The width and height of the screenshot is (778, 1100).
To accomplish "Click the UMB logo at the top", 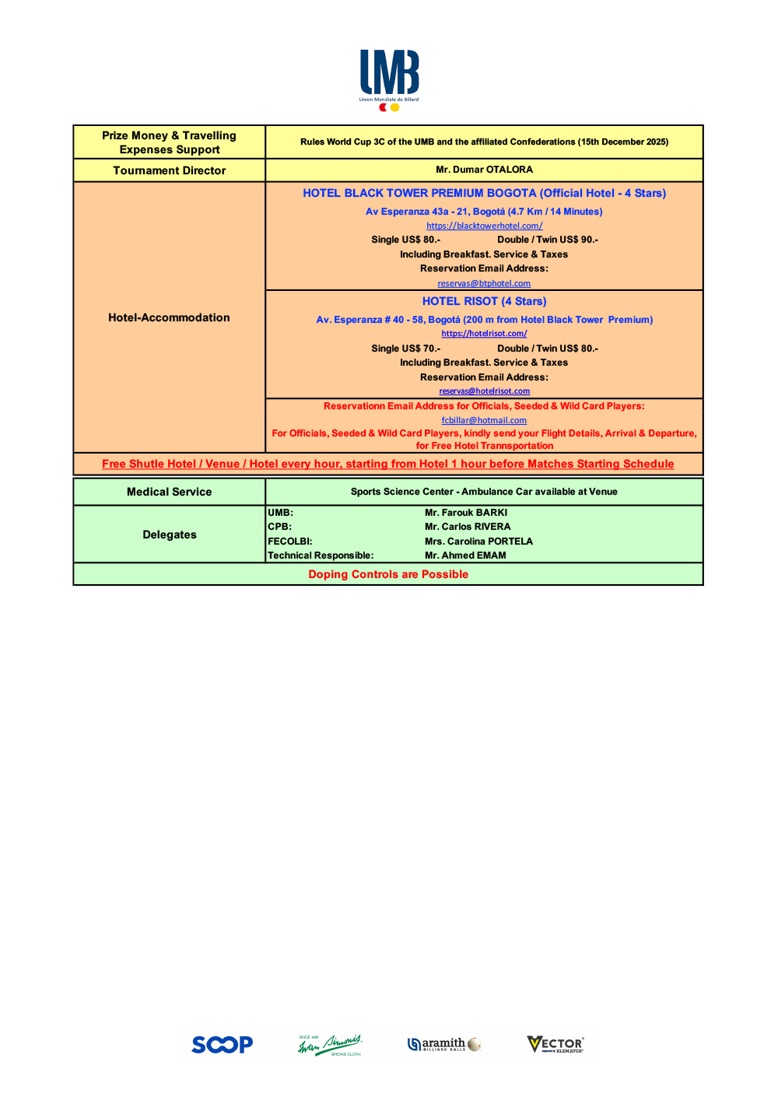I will click(389, 79).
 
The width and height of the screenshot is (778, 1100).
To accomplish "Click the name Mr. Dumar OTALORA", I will click(484, 170).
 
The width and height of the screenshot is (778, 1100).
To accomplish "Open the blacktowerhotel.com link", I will click(484, 226).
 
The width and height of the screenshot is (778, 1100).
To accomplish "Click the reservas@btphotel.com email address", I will click(484, 283).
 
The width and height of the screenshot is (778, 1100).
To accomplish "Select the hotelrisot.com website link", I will click(484, 334).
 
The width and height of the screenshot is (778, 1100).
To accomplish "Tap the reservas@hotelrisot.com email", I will click(484, 391).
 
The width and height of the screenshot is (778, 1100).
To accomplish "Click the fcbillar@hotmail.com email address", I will click(484, 420).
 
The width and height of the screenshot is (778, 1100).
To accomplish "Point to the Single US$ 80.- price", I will click(405, 240).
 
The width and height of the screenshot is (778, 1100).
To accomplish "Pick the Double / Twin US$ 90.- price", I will click(548, 240).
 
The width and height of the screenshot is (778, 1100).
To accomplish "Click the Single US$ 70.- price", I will click(405, 349).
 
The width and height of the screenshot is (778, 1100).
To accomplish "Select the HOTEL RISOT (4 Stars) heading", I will click(484, 301).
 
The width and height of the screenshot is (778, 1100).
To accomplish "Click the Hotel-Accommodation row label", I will click(169, 317).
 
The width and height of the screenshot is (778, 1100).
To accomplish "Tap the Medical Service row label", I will click(169, 492).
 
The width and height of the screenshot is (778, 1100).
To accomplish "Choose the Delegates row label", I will click(169, 534).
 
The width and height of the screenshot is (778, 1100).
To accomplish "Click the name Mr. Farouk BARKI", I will click(466, 513).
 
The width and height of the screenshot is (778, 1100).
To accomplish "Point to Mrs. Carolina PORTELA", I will click(478, 541).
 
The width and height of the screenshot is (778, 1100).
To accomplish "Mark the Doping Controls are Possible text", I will click(388, 574).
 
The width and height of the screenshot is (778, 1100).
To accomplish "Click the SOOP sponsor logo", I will click(223, 1044).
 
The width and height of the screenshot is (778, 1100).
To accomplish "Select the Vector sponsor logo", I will click(555, 1044).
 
